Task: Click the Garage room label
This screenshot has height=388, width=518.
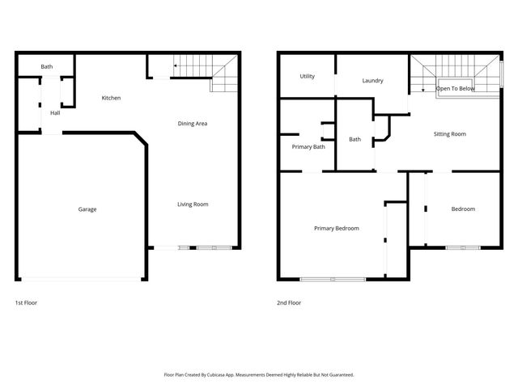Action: (87, 209)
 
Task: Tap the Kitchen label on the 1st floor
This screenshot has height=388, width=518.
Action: (111, 99)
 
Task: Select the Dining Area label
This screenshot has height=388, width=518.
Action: (193, 124)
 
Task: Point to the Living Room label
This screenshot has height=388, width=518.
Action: (193, 205)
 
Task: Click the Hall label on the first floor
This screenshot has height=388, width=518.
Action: (55, 113)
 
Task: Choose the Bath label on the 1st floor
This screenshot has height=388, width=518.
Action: (47, 66)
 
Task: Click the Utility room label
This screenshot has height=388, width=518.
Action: (308, 77)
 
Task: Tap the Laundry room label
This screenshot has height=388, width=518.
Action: (372, 81)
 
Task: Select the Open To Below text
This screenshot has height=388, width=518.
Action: (456, 88)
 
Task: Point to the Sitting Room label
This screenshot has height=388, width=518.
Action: (450, 134)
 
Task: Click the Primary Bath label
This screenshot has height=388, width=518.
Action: (308, 147)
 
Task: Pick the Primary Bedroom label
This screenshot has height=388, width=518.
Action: (336, 229)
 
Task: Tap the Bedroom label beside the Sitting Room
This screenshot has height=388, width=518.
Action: (463, 209)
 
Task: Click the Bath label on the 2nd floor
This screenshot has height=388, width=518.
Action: (355, 140)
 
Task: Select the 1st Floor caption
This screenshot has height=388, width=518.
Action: (26, 303)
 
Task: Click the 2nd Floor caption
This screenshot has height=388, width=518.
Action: (289, 303)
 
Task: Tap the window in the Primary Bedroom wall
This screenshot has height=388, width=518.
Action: (333, 280)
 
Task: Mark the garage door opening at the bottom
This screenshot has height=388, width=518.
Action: (81, 279)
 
